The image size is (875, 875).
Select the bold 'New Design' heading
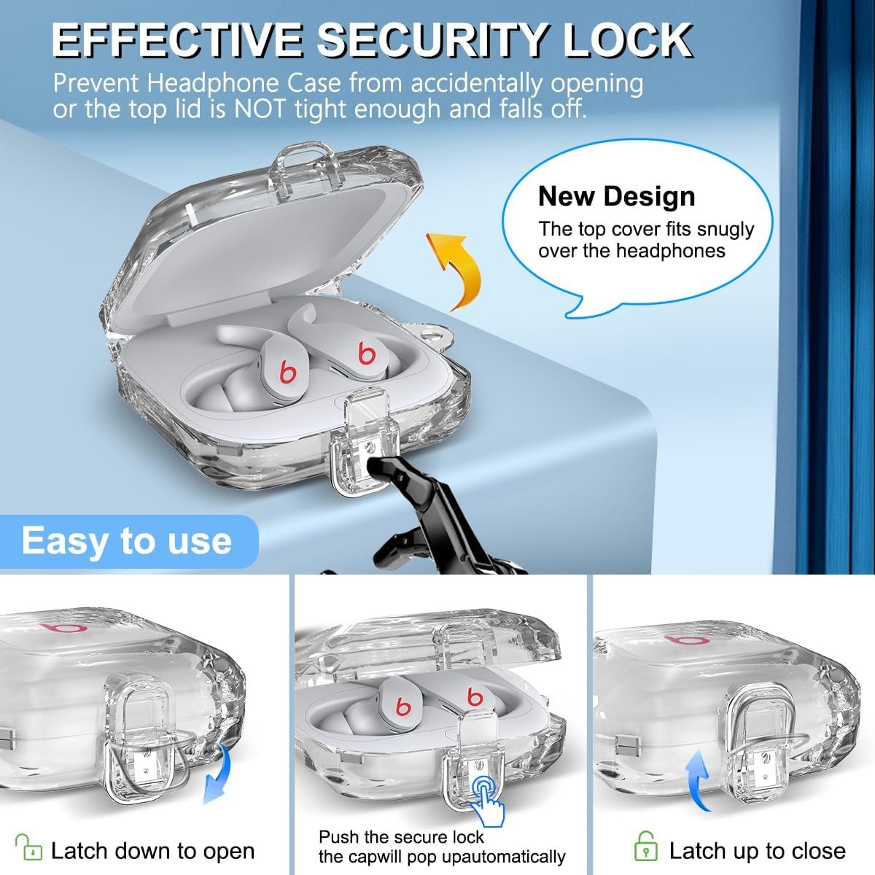[x=616, y=197]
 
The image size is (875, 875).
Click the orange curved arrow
[x=458, y=268]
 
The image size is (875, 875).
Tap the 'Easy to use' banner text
[x=127, y=541]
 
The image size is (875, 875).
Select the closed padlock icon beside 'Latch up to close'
[x=646, y=846]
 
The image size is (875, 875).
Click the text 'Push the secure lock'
[x=401, y=836]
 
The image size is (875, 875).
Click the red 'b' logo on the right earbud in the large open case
[x=367, y=353]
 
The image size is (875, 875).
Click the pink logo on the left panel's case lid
[x=63, y=628]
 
